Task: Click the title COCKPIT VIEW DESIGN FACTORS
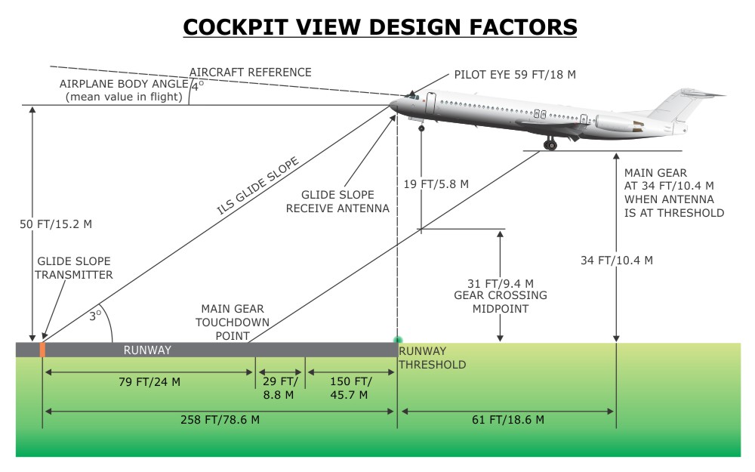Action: tap(380, 27)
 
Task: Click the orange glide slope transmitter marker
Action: tap(42, 349)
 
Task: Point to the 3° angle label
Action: tap(96, 316)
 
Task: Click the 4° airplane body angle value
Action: tap(197, 86)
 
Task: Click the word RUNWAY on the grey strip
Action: tap(147, 350)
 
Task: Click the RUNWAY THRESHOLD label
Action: tap(432, 358)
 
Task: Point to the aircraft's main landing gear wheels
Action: tap(550, 143)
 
